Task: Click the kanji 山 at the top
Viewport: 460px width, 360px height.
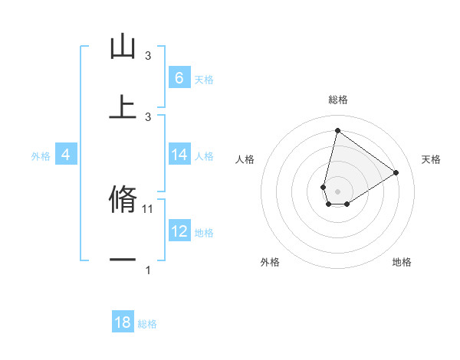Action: point(123,47)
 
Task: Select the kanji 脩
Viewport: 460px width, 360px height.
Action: point(123,198)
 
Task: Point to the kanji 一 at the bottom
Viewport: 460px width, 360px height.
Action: point(123,260)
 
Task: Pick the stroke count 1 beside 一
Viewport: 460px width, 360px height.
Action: point(148,270)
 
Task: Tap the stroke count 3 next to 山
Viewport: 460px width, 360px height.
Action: point(148,56)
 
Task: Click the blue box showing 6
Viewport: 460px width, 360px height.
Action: point(179,77)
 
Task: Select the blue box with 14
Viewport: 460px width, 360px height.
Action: point(179,155)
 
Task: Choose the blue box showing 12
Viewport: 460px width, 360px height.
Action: point(179,231)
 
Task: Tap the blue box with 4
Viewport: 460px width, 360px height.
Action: point(65,155)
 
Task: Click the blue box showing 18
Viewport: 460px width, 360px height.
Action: point(123,322)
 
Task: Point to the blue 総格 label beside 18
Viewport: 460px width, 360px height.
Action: point(147,324)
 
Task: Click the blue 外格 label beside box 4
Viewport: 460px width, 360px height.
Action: point(41,156)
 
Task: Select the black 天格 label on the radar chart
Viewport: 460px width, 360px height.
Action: point(431,159)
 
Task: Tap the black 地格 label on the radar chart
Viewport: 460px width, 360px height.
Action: point(402,262)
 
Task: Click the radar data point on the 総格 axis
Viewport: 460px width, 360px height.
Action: point(337,130)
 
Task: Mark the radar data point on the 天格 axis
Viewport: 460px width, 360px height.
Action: point(396,172)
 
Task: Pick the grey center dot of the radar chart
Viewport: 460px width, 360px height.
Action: point(337,191)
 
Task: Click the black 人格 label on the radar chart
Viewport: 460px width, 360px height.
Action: point(245,159)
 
